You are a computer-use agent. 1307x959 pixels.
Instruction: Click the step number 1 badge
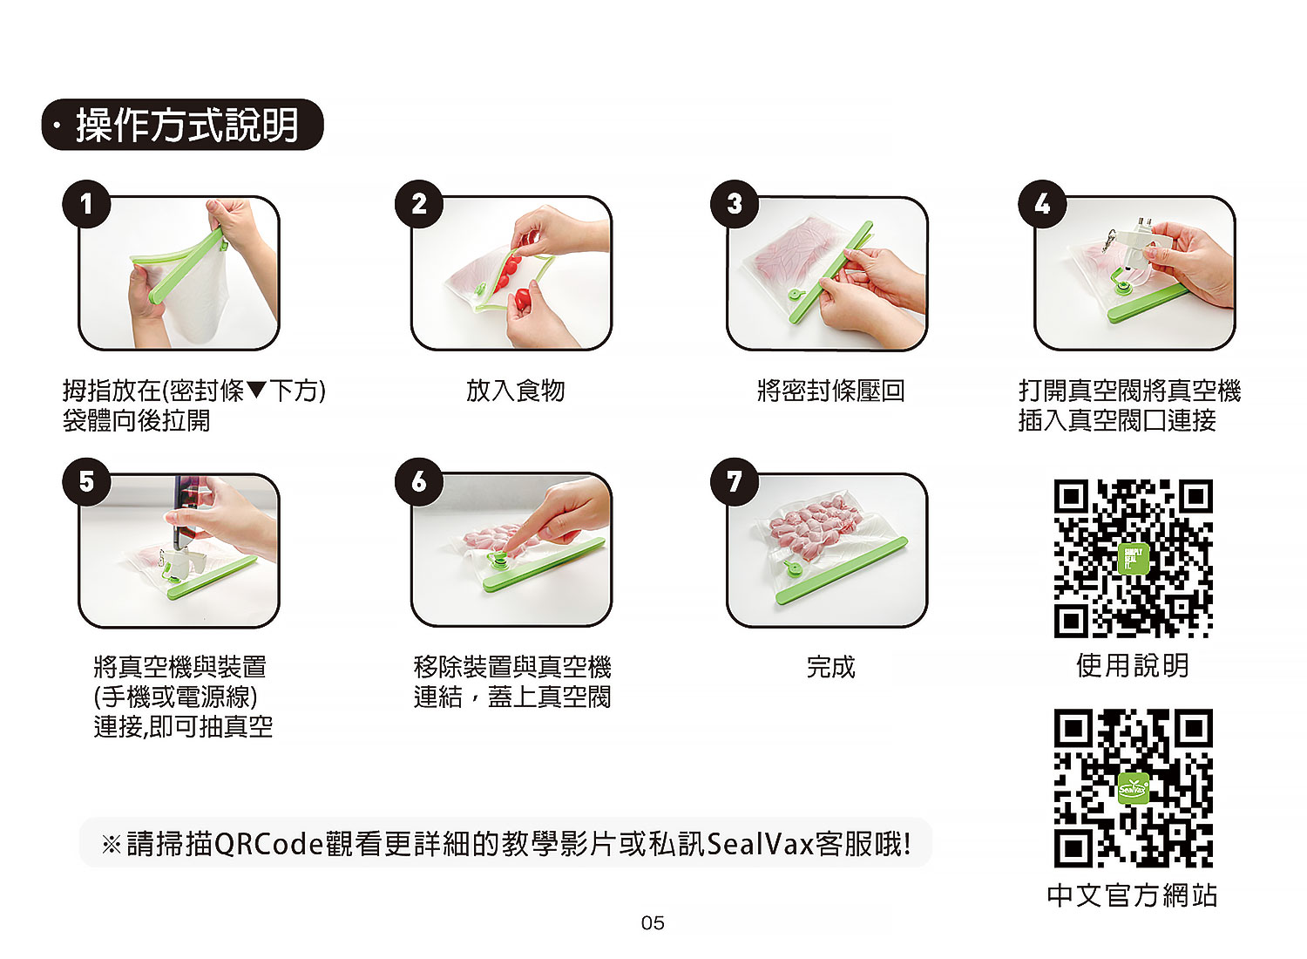click(86, 204)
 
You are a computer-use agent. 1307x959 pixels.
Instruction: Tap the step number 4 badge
click(1042, 204)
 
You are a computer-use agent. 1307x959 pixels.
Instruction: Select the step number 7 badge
click(734, 481)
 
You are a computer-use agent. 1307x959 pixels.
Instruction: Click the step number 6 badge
click(419, 481)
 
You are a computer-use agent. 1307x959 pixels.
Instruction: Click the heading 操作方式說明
click(186, 125)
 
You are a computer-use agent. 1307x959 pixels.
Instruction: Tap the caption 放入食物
click(515, 391)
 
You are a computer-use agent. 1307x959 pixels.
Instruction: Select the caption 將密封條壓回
click(830, 391)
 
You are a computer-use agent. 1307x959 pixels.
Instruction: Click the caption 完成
click(830, 667)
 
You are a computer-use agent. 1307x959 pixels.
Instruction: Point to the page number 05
click(653, 922)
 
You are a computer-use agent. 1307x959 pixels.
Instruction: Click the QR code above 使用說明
click(1133, 559)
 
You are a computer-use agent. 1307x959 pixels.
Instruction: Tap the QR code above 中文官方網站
click(1133, 788)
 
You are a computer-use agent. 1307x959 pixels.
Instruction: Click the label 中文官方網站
click(1132, 895)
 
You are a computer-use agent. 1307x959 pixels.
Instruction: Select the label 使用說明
click(1133, 665)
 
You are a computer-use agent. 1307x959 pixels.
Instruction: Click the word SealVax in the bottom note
click(761, 844)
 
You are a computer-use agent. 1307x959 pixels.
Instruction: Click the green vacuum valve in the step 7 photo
click(794, 568)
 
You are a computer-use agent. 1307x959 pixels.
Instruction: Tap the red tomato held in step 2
click(522, 299)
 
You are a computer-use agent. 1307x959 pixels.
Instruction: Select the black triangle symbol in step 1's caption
click(257, 390)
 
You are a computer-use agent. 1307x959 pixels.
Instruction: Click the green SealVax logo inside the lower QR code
click(1133, 789)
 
